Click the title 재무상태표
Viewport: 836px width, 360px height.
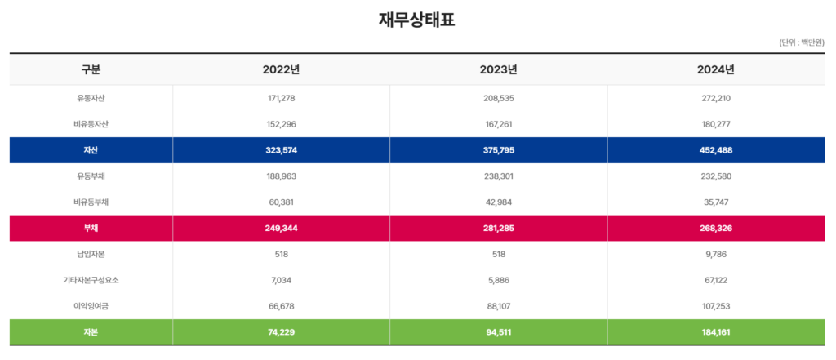pyautogui.click(x=417, y=20)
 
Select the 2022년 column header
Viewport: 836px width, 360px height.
pyautogui.click(x=281, y=69)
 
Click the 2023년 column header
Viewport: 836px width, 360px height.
pyautogui.click(x=498, y=69)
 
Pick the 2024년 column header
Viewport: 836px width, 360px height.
pyautogui.click(x=715, y=69)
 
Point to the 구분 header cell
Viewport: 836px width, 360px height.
pyautogui.click(x=91, y=69)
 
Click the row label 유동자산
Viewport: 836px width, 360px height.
pyautogui.click(x=91, y=98)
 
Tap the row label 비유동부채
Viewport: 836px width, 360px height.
pyautogui.click(x=91, y=202)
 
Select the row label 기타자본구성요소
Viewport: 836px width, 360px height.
pyautogui.click(x=91, y=280)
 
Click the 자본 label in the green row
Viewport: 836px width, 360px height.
pyautogui.click(x=91, y=332)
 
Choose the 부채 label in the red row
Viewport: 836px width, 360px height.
pyautogui.click(x=91, y=228)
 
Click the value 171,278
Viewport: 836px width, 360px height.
pyautogui.click(x=281, y=98)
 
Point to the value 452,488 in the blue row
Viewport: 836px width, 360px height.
pyautogui.click(x=715, y=150)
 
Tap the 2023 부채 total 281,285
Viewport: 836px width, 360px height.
pyautogui.click(x=498, y=228)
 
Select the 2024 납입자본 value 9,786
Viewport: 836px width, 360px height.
pyautogui.click(x=715, y=254)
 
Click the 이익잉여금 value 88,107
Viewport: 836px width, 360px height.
pyautogui.click(x=498, y=306)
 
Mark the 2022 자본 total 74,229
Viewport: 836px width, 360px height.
pyautogui.click(x=281, y=332)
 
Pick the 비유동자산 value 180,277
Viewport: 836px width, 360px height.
pyautogui.click(x=715, y=124)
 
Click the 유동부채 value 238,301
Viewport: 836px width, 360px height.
pyautogui.click(x=498, y=176)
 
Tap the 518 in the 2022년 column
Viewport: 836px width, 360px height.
pyautogui.click(x=281, y=254)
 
